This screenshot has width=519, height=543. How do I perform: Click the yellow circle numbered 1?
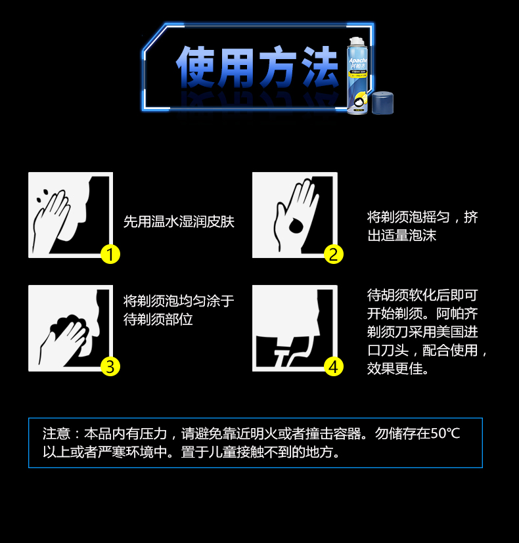click(110, 255)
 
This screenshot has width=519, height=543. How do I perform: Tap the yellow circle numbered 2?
click(334, 255)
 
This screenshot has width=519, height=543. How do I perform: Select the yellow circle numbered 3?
click(110, 367)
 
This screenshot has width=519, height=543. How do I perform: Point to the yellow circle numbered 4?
click(334, 367)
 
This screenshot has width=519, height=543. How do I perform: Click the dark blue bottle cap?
click(383, 103)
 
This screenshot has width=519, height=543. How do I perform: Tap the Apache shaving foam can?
click(357, 76)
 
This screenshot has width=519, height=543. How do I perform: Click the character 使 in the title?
click(196, 67)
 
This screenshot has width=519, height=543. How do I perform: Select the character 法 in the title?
click(319, 67)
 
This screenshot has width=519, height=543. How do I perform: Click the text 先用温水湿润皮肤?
click(179, 222)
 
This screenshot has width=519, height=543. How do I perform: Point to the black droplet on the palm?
click(295, 226)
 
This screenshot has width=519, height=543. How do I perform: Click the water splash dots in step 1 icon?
click(42, 196)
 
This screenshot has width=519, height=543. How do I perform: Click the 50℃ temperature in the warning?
click(445, 433)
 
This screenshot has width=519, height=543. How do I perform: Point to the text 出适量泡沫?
click(402, 236)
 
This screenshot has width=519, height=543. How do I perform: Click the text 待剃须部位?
click(158, 319)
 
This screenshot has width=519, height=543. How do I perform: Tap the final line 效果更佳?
click(397, 369)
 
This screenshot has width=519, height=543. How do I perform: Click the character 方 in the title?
click(278, 67)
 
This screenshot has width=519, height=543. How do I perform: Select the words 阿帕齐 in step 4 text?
click(457, 314)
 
